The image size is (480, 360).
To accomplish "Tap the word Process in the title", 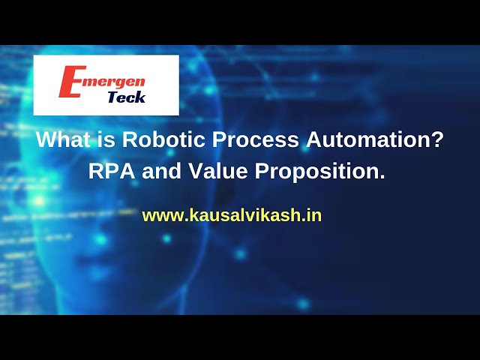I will (x=255, y=140).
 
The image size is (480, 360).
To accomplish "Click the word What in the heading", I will (x=63, y=140).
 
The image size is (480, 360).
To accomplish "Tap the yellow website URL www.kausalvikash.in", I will (x=232, y=215).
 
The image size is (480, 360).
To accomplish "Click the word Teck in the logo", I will (x=127, y=97).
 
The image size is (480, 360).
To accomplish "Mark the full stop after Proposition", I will (x=382, y=177).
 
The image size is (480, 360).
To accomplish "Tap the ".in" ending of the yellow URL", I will (x=313, y=215).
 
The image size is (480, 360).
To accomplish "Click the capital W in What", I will (x=46, y=140).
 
